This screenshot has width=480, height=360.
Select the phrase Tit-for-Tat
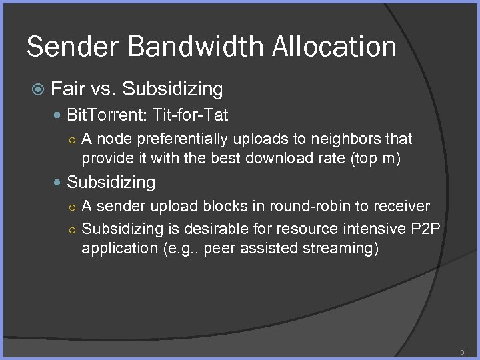[191, 115]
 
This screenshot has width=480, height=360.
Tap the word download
[283, 159]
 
